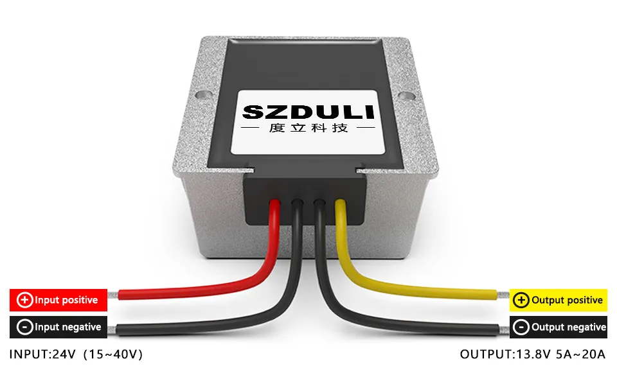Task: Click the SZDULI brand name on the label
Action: tap(308, 112)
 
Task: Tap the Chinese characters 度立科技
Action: tap(308, 128)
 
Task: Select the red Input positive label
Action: tap(58, 300)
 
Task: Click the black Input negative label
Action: tap(58, 327)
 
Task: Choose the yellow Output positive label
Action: tap(558, 300)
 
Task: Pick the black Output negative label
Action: tap(559, 327)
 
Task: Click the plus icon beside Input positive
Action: tap(25, 300)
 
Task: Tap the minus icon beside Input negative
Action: tap(25, 327)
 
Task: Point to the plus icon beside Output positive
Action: tap(521, 300)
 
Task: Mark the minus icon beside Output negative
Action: tap(521, 327)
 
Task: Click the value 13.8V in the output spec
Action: tap(533, 354)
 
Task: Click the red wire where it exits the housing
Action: tap(275, 209)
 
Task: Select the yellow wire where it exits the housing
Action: tap(341, 209)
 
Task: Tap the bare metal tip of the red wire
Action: tap(113, 296)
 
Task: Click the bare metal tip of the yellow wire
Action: tap(502, 295)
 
